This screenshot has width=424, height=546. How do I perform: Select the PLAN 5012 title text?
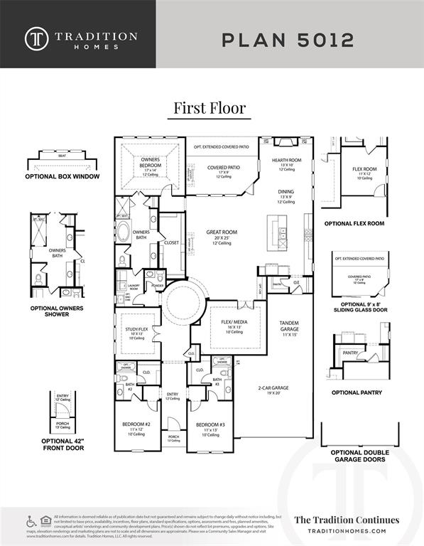pos(288,39)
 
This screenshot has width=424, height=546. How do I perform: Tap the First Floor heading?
pos(210,108)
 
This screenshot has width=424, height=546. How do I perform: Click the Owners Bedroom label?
pos(150,164)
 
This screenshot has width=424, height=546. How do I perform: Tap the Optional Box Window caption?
pos(62,176)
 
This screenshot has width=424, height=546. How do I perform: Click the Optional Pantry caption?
pos(357,392)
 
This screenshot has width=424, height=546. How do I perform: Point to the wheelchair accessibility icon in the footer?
pos(31,521)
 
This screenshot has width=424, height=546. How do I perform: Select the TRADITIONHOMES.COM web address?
pos(347,531)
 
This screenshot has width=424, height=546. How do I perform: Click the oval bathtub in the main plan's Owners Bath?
pos(124,233)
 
